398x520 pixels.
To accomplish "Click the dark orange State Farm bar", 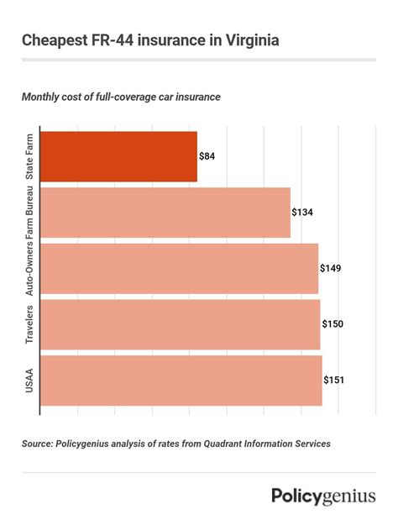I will (118, 156).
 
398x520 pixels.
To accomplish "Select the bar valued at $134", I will (165, 213).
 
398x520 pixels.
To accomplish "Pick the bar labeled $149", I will (179, 268).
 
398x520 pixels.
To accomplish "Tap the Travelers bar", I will (180, 324).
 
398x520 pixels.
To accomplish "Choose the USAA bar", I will (181, 380).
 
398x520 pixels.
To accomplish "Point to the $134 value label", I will (302, 213).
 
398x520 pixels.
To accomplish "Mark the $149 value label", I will (331, 268).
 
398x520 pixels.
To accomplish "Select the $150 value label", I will (333, 324).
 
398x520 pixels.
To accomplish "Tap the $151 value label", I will (333, 380).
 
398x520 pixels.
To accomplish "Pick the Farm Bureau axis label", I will (29, 215).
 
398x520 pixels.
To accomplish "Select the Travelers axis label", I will (29, 324).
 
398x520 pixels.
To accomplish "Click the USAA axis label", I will (29, 380).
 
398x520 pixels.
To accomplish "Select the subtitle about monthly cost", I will (121, 97).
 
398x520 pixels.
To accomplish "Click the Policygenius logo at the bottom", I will (323, 496).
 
